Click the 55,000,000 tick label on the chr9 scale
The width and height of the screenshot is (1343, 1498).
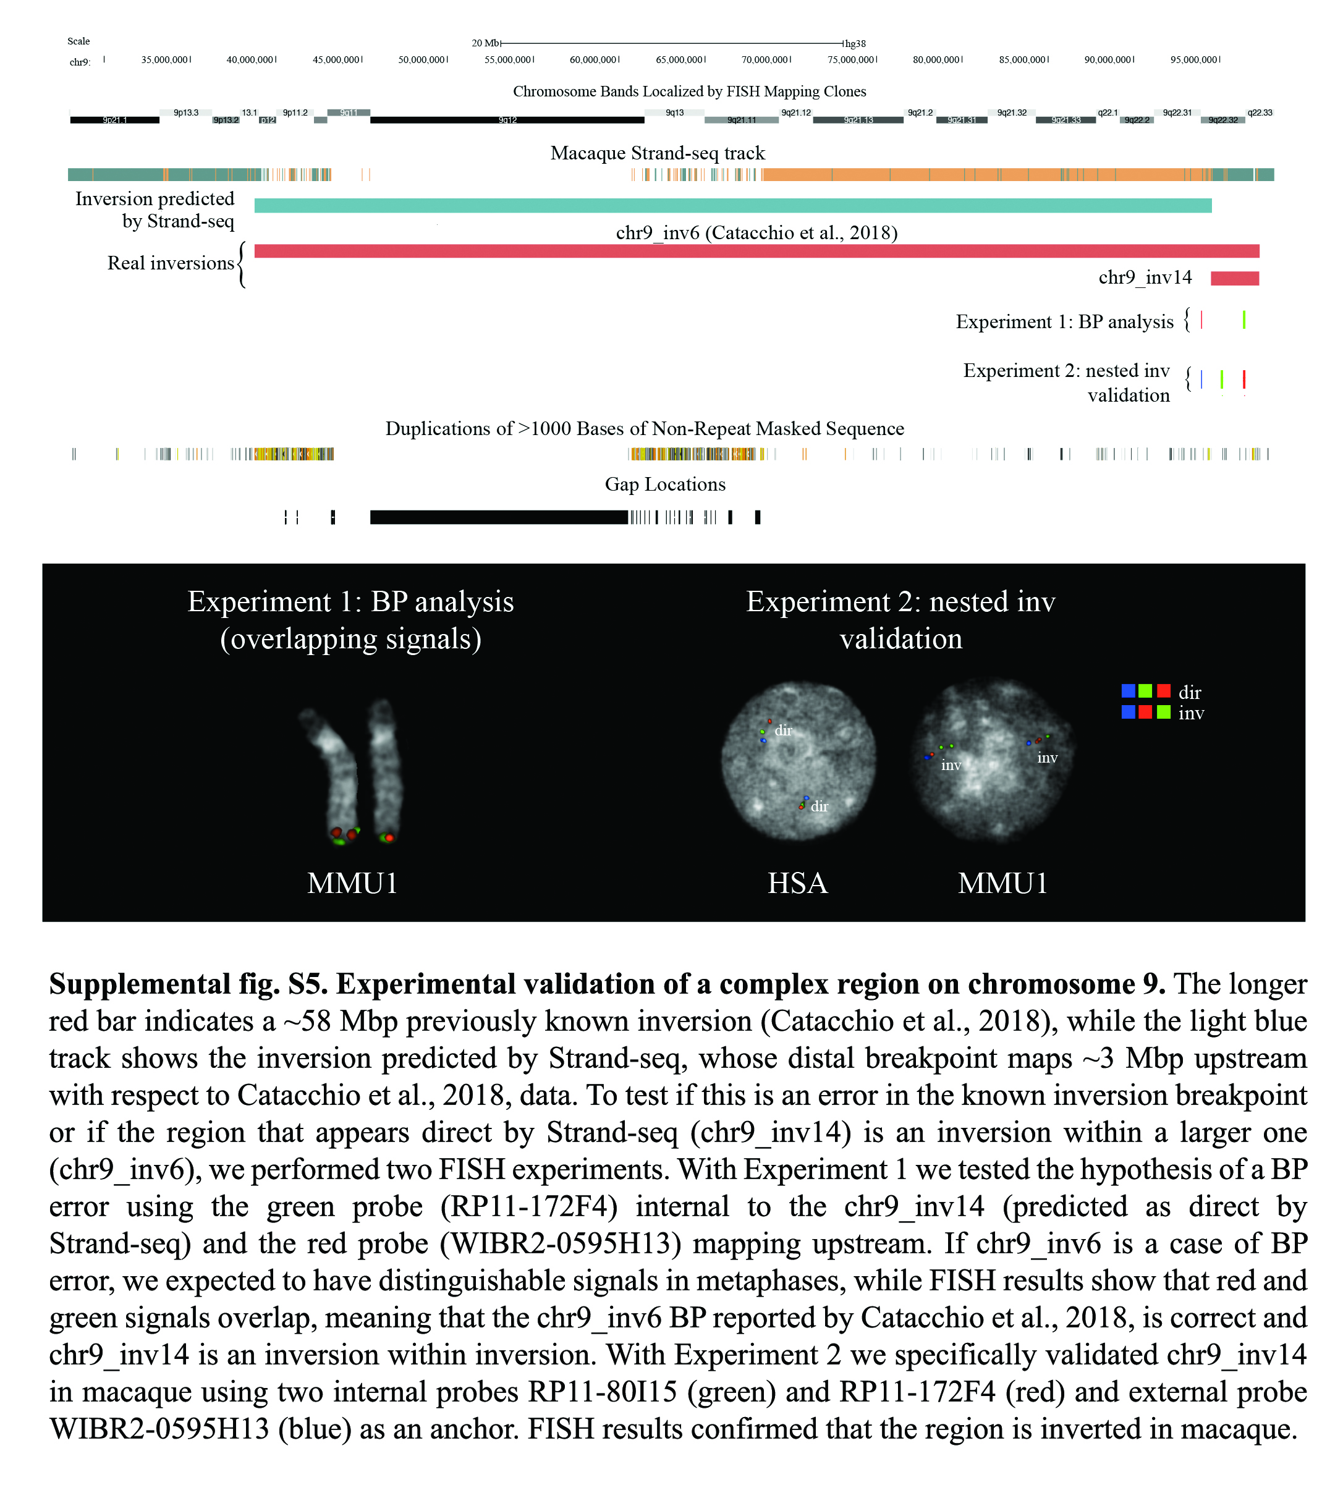tap(507, 60)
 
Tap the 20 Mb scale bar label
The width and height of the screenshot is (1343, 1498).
tap(486, 43)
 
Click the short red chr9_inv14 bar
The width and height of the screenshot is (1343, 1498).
tap(1234, 278)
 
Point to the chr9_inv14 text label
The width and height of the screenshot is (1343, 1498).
tap(1145, 277)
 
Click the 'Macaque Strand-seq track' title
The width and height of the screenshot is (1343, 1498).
tap(658, 153)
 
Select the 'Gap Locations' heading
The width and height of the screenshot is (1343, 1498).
tap(665, 484)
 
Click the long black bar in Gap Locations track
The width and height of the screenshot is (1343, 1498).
tap(498, 517)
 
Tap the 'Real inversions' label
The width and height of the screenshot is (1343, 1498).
tap(171, 263)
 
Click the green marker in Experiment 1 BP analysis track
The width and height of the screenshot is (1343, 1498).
tap(1244, 319)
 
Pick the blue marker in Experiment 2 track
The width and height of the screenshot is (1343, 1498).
tap(1201, 379)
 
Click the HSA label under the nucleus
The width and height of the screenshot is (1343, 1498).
tap(798, 883)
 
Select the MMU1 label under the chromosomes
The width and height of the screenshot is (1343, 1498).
tap(352, 883)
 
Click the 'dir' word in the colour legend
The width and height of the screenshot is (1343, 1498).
tap(1190, 692)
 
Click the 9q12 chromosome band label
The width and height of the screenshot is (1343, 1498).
tap(507, 121)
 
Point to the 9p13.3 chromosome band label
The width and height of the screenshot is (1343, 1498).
tap(186, 113)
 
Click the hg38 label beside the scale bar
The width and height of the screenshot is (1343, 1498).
tap(855, 43)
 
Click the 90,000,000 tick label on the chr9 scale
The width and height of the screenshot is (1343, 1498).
tap(1108, 60)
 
